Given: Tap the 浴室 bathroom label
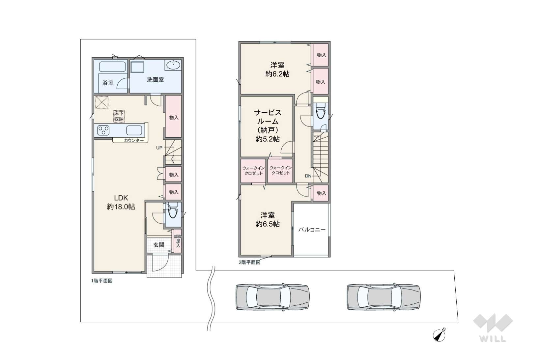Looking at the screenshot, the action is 108,83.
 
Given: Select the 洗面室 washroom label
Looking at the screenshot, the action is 155,80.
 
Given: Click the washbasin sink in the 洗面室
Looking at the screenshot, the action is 173,65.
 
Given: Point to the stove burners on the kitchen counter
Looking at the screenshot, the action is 103,130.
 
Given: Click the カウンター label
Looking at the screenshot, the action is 134,141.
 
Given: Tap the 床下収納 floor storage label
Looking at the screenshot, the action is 119,116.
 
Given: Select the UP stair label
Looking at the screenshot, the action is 159,148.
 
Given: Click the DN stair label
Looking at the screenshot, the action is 308,176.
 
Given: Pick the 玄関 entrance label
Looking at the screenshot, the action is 159,245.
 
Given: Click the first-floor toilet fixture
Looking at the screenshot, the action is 172,210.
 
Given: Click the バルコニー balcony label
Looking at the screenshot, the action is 312,230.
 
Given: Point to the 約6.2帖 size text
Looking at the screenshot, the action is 277,74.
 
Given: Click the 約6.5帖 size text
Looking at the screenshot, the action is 268,224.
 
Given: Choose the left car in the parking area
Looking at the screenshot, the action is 272,297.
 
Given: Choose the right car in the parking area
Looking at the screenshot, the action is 384,297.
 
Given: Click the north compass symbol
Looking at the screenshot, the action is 439,335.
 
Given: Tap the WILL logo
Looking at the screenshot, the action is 493,328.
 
